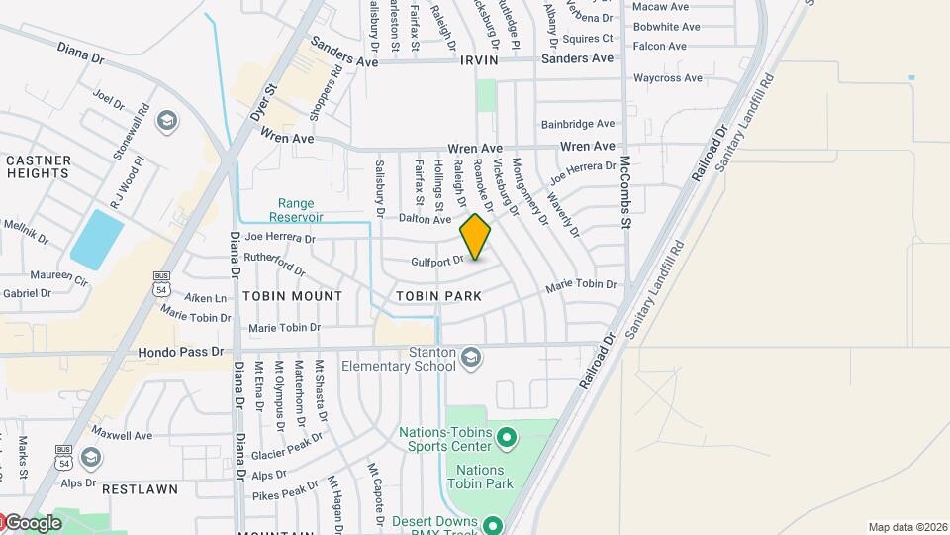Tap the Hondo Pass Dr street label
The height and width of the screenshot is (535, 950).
click(181, 352)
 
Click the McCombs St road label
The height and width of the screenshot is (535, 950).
click(625, 192)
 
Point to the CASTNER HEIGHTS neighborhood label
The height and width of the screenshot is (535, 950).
click(39, 166)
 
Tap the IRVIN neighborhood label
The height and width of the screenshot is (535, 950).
click(481, 60)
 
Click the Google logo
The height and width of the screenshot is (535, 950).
click(33, 523)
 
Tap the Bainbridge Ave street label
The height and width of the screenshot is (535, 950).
click(578, 124)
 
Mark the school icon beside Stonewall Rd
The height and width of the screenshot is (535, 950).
click(167, 121)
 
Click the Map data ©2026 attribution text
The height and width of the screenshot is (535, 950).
click(906, 527)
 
